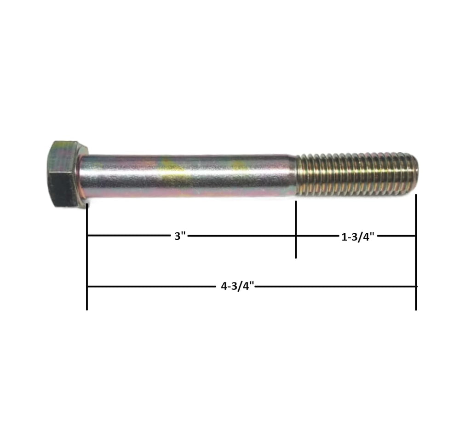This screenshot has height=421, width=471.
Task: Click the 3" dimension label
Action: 180,236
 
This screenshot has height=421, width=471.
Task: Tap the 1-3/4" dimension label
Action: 358,237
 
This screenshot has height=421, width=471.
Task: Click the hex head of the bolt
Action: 65,173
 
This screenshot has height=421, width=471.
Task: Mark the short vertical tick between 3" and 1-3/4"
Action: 296,229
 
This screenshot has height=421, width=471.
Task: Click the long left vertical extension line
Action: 87,257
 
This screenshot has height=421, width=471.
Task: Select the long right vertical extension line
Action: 416,252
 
